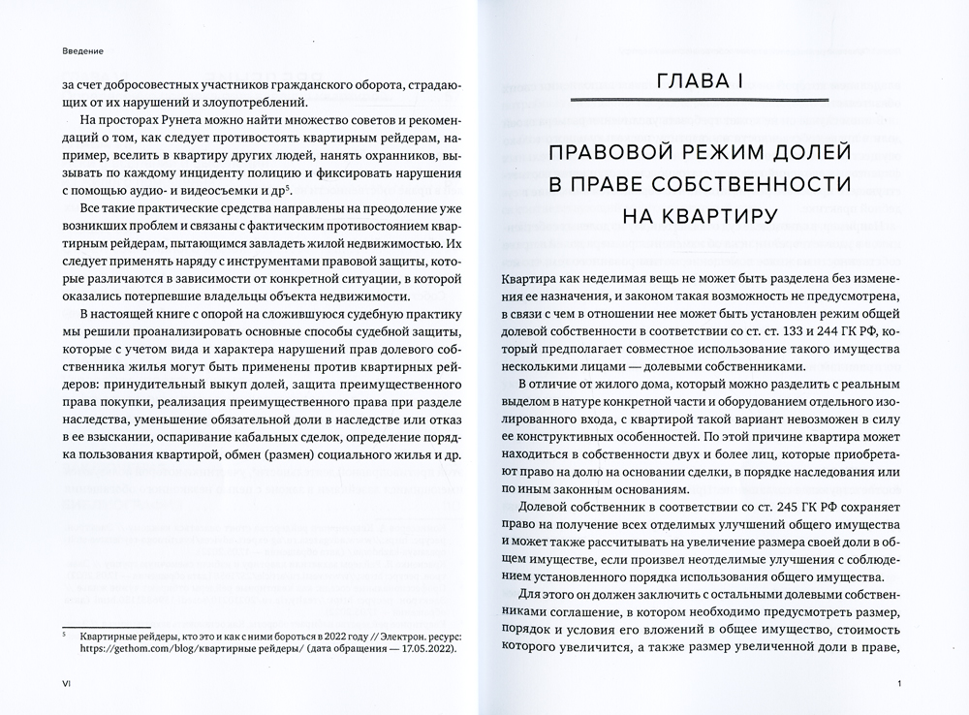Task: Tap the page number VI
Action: coord(67,685)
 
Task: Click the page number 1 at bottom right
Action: coord(900,685)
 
